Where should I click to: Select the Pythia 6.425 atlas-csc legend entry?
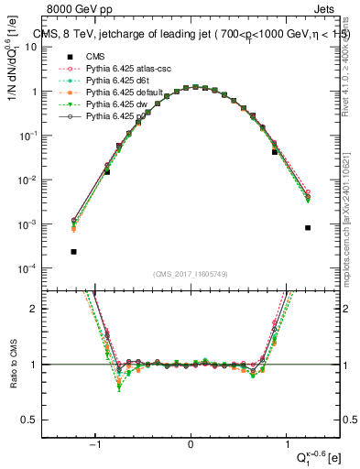[x=120, y=69]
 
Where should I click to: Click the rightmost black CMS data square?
[x=308, y=228]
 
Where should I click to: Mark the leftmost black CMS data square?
[x=73, y=251]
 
